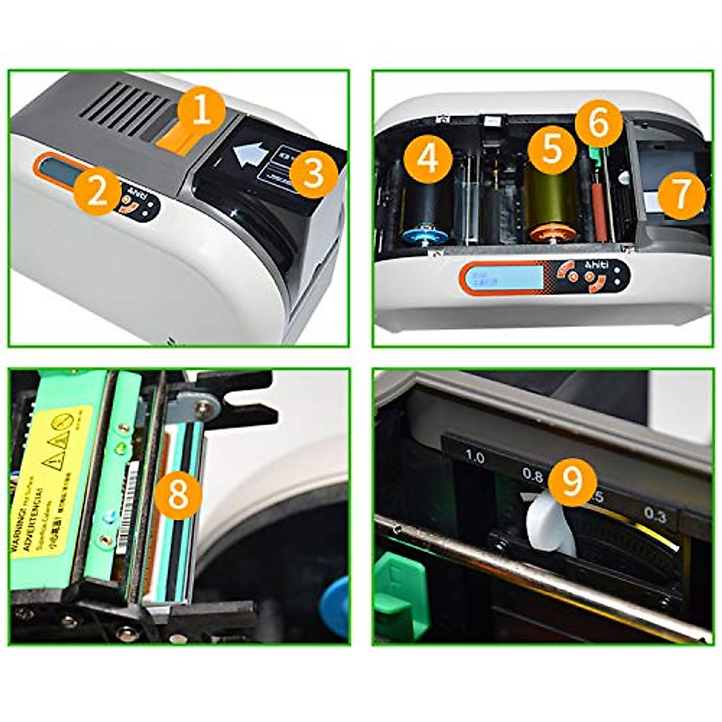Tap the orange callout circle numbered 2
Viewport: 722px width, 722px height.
(97, 193)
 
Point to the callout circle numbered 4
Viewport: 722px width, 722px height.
(428, 159)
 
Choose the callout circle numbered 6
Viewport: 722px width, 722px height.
(598, 125)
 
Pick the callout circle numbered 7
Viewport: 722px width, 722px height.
(680, 194)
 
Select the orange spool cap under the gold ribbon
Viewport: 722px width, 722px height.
(549, 233)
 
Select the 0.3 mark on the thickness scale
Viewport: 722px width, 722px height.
(655, 515)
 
